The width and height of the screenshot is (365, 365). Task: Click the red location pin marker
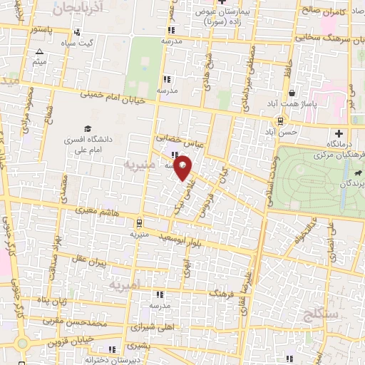tap(183, 168)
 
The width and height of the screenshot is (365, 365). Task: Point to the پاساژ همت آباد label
tap(292, 103)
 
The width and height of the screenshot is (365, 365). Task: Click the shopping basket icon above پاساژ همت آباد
tap(292, 93)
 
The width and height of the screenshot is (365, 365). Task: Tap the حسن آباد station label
tap(279, 132)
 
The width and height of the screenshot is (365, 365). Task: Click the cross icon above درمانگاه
tap(339, 133)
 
